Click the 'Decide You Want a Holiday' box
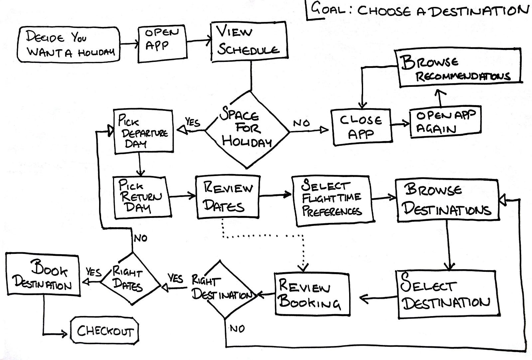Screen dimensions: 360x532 [68, 45]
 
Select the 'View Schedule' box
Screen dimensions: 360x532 [249, 42]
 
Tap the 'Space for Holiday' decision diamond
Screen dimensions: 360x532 [247, 130]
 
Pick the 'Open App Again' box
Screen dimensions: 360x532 [445, 121]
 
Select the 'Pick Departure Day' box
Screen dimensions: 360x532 [143, 131]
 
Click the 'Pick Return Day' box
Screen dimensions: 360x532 [141, 197]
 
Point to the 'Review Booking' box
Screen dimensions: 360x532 [312, 294]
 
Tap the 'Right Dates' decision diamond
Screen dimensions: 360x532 [130, 278]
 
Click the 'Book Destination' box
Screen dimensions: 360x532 [43, 275]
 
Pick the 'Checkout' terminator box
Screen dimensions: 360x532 [105, 331]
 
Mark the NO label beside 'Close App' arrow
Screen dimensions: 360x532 [301, 123]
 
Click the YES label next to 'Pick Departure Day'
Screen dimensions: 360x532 [193, 122]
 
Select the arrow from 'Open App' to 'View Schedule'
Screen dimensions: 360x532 [199, 41]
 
